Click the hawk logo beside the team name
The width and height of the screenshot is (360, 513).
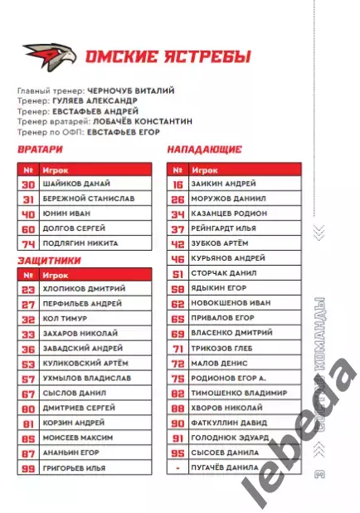[50, 56]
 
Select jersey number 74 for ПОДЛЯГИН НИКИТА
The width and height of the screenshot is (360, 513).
[28, 243]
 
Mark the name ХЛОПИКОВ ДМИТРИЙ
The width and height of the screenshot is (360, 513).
[84, 289]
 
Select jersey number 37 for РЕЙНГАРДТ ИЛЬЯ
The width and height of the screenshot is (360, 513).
[177, 228]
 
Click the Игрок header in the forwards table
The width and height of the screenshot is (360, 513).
[202, 169]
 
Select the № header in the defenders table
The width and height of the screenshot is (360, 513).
[28, 274]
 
